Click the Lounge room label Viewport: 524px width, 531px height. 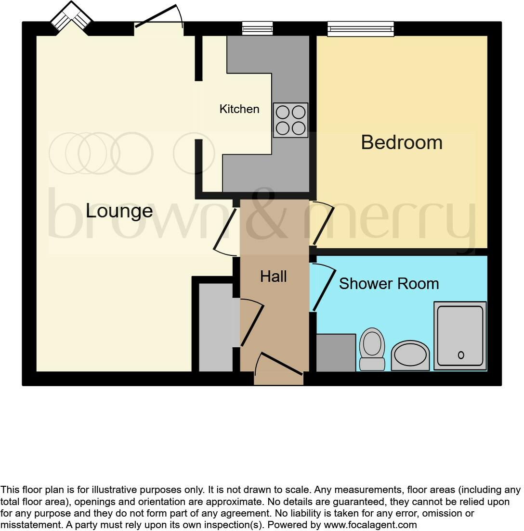pyautogui.click(x=119, y=211)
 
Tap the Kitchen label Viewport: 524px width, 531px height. pyautogui.click(x=239, y=109)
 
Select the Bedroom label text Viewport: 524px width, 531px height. pyautogui.click(x=402, y=142)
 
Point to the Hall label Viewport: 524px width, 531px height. pyautogui.click(x=274, y=277)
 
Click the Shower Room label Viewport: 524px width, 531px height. pyautogui.click(x=389, y=284)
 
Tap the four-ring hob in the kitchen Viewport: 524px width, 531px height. pyautogui.click(x=290, y=120)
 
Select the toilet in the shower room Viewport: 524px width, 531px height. pyautogui.click(x=372, y=349)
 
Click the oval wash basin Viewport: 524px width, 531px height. pyautogui.click(x=410, y=356)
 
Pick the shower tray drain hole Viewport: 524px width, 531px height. pyautogui.click(x=461, y=355)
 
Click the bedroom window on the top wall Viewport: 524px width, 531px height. pyautogui.click(x=361, y=29)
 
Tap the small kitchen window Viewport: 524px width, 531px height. pyautogui.click(x=257, y=29)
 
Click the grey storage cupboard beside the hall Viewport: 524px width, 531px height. pyautogui.click(x=216, y=327)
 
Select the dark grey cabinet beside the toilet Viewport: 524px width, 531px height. pyautogui.click(x=336, y=353)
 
